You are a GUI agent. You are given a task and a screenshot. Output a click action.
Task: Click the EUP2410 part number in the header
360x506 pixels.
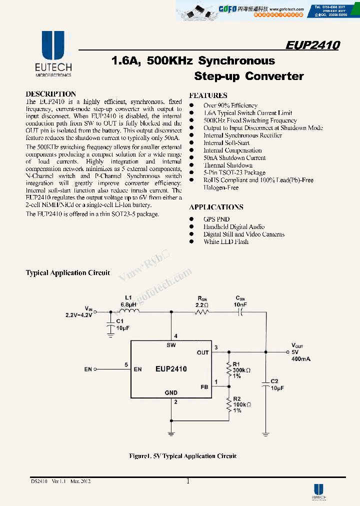312,45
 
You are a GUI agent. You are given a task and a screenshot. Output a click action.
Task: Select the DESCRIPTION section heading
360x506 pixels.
50,94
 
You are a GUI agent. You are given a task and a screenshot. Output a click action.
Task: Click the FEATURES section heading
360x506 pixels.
208,95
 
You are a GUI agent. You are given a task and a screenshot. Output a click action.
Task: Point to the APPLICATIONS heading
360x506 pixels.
216,207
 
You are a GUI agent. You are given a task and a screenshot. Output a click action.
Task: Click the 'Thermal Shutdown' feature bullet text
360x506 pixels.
227,165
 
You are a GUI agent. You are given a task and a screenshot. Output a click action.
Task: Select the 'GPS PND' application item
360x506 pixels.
216,219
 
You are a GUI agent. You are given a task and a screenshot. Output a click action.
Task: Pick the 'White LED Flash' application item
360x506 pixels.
225,241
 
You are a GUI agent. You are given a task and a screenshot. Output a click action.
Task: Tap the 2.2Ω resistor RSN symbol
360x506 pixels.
201,311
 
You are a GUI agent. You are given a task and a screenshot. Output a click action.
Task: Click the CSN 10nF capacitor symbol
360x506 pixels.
240,311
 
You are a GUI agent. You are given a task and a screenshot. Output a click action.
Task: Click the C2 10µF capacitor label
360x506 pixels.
277,384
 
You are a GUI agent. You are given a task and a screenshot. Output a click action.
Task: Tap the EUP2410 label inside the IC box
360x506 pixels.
170,369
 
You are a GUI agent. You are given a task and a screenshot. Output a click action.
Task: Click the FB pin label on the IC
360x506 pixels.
204,386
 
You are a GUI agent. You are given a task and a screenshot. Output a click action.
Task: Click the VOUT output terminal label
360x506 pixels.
297,345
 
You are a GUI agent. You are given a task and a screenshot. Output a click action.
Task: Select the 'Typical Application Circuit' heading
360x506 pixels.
67,273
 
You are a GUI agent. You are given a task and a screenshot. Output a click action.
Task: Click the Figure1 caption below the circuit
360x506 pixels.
182,456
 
